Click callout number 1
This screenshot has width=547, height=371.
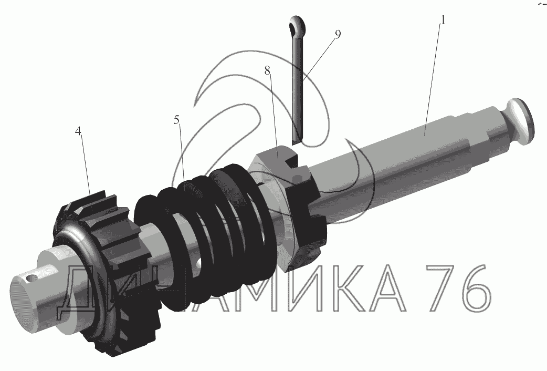pyautogui.click(x=443, y=20)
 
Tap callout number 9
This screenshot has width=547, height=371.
pyautogui.click(x=338, y=34)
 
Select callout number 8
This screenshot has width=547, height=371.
pyautogui.click(x=267, y=71)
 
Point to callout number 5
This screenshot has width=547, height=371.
pyautogui.click(x=177, y=120)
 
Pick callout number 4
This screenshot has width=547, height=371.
pyautogui.click(x=78, y=131)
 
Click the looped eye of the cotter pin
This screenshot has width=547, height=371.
pyautogui.click(x=297, y=25)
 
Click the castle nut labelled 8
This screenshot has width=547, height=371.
pyautogui.click(x=286, y=206)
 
